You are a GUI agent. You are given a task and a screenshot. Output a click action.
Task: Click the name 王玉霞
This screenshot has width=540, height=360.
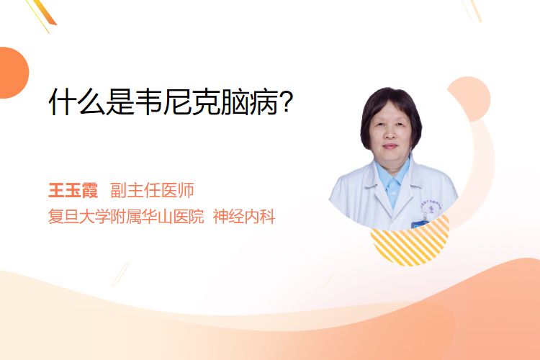coord(73,190)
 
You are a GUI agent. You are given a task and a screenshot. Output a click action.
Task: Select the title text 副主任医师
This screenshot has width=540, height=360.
coord(152,190)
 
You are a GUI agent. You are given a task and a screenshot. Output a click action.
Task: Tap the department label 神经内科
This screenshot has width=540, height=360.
coord(244,217)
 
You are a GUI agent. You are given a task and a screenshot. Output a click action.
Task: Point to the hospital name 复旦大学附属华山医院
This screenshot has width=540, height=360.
coord(126,217)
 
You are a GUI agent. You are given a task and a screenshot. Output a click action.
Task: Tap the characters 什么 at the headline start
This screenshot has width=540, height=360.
coord(77,102)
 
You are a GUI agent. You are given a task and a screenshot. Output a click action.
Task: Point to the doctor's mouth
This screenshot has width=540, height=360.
coord(390,146)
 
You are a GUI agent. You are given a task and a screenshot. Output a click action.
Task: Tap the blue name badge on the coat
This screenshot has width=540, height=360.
coord(420,224)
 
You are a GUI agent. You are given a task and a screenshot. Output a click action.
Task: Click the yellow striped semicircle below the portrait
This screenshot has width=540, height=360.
coord(410,245)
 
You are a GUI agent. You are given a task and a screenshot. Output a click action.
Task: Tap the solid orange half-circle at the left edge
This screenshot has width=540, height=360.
coord(13,73)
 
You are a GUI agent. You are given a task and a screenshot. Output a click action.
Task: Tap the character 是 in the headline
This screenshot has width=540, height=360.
coord(120,102)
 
